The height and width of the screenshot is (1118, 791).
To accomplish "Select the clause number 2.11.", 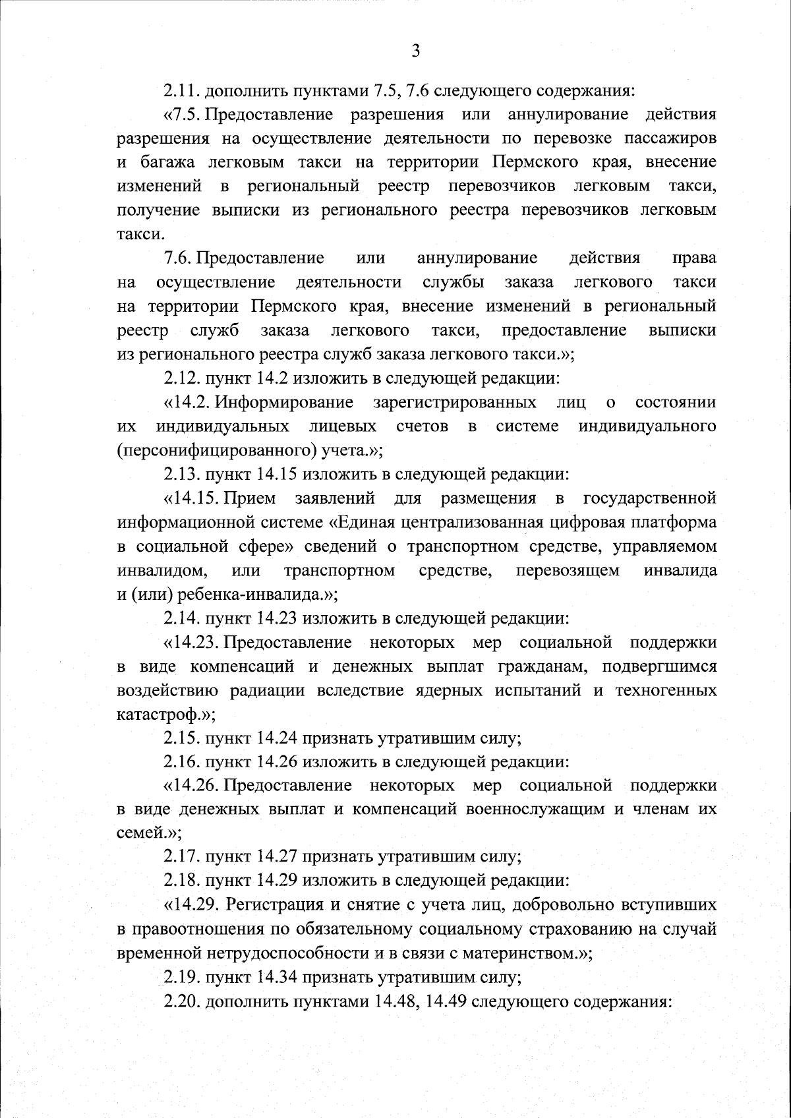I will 182,90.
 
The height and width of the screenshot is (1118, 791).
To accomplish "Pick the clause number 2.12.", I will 182,379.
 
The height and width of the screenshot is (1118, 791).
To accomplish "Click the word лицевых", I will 343,427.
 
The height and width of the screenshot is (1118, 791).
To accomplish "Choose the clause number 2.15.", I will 182,738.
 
